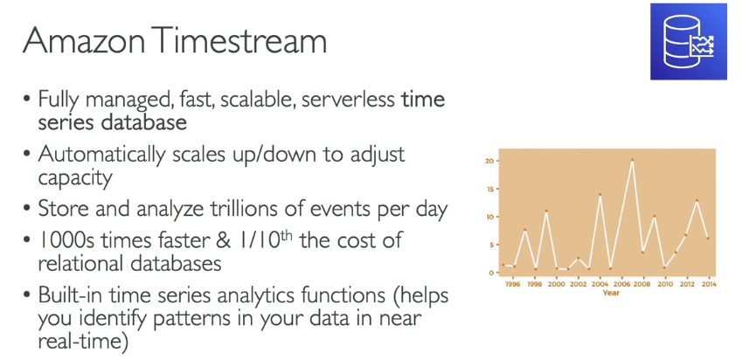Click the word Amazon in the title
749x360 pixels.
(x=84, y=42)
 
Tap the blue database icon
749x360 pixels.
(x=689, y=42)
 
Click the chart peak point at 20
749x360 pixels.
(x=632, y=160)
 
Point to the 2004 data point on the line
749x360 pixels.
(x=600, y=194)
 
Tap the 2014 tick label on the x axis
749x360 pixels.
(x=709, y=284)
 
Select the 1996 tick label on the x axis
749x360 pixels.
(x=513, y=284)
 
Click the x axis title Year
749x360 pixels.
(x=611, y=293)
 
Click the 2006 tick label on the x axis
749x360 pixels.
(x=622, y=284)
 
